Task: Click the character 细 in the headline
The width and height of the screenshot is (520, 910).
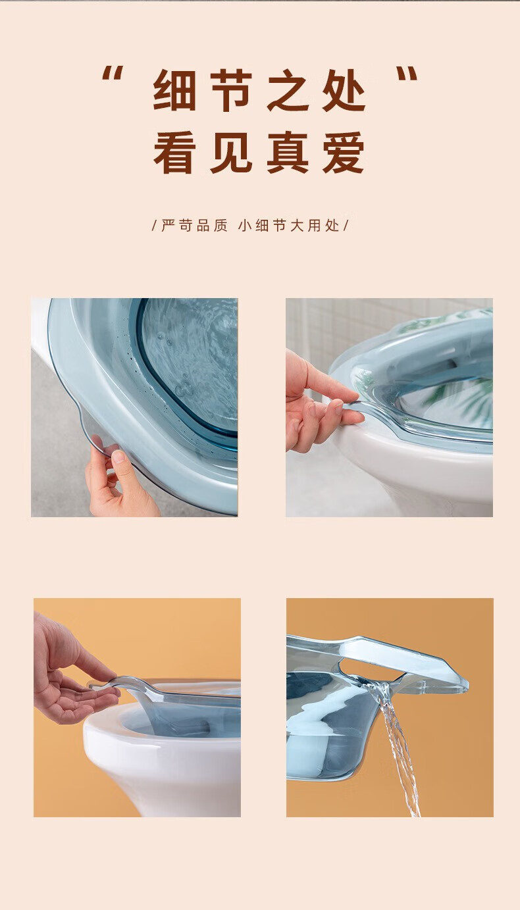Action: tap(174, 90)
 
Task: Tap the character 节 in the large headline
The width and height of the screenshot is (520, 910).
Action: tap(230, 90)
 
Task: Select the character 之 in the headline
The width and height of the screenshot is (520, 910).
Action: tap(288, 90)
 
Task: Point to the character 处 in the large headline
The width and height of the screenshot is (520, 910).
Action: tap(344, 90)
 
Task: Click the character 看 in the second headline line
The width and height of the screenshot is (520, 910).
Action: tap(174, 153)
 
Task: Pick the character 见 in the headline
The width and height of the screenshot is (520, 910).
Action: tap(230, 153)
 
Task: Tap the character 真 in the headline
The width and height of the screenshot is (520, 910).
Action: tap(288, 153)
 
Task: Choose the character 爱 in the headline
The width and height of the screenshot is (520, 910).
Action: tap(344, 153)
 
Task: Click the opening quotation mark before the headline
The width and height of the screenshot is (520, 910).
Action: tap(113, 74)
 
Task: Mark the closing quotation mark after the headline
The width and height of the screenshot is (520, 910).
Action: tap(407, 74)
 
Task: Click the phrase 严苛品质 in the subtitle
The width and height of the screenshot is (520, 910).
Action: tap(194, 225)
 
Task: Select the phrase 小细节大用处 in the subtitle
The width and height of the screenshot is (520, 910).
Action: tap(289, 225)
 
